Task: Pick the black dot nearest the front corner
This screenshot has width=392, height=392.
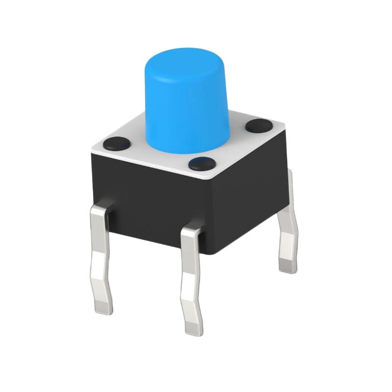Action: (x=201, y=163)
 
